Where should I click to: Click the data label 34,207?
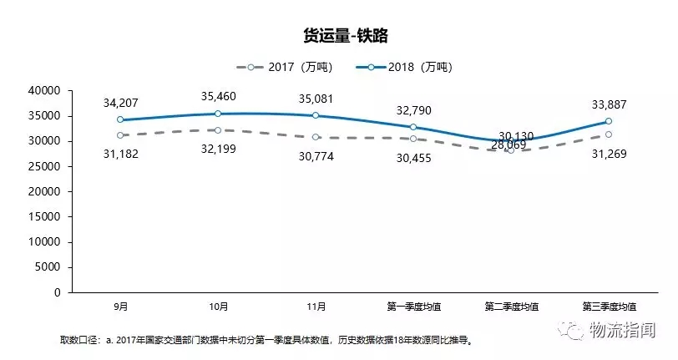[x=120, y=103]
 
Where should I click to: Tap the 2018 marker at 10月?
[x=218, y=114]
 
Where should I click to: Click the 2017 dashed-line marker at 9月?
[x=120, y=134]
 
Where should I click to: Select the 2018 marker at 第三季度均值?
[x=609, y=121]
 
